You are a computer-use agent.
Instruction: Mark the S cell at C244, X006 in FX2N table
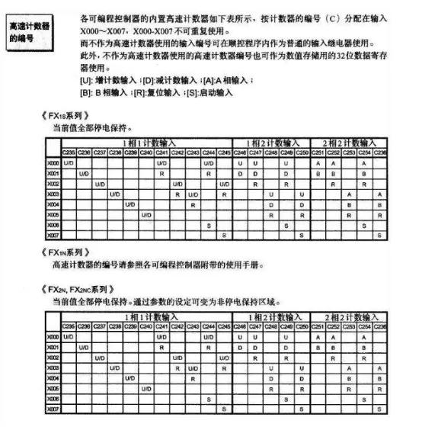point(209,399)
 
